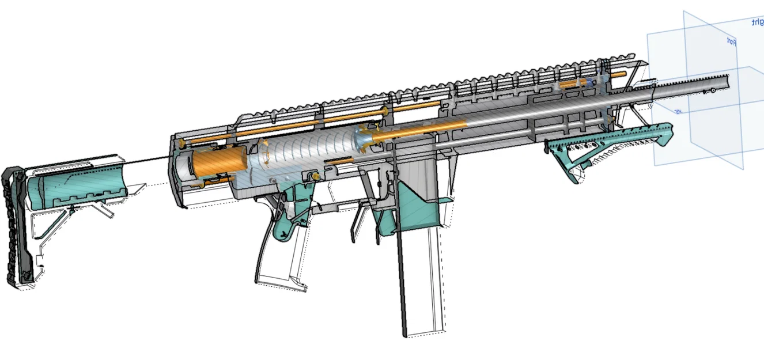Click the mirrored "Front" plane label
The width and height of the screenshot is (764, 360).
click(730, 41)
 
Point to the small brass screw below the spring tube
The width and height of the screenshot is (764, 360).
click(315, 175)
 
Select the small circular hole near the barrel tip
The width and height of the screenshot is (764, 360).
click(713, 90)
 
